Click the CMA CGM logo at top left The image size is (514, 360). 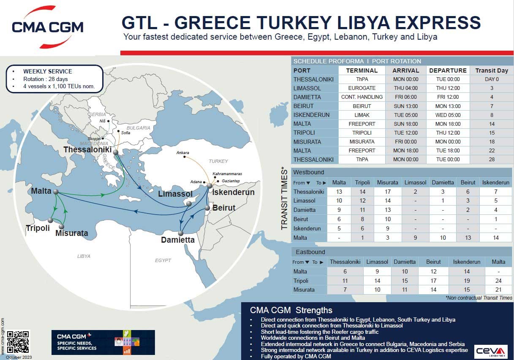tap(47, 27)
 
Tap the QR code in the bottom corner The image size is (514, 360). tap(18, 341)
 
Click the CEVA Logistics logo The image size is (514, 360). tap(490, 352)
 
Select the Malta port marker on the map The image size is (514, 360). tap(56, 192)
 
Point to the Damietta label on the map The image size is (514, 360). tap(178, 240)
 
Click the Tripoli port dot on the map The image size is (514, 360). tap(50, 220)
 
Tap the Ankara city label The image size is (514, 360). tap(183, 152)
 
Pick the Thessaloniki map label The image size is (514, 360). tap(87, 150)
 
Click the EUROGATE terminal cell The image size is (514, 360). tap(362, 88)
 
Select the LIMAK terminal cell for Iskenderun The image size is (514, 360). tap(362, 115)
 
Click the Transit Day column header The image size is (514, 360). tap(491, 70)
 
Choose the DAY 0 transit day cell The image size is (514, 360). tap(491, 79)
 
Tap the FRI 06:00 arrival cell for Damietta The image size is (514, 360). tap(405, 97)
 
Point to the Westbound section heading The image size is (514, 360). tap(309, 173)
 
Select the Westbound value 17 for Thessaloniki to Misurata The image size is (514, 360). tap(388, 192)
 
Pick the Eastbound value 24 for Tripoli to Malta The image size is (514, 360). tap(498, 281)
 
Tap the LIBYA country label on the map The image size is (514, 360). tap(84, 256)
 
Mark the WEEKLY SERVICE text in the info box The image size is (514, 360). tap(47, 71)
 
